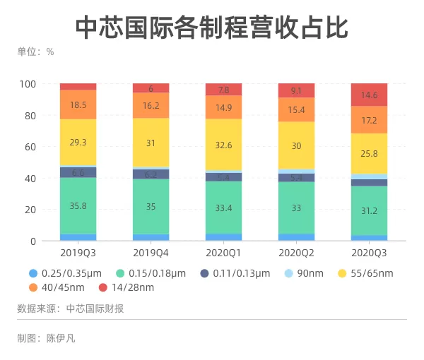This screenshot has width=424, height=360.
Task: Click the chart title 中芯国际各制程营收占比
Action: coord(212,28)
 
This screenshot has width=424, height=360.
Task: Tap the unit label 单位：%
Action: coord(36,52)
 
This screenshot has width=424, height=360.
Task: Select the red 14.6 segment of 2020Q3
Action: coord(369,95)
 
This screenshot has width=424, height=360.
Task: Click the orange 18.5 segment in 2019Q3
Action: coord(78,104)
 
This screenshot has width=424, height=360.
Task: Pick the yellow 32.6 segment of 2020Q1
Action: coord(223,145)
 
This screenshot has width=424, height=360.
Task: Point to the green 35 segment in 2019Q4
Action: coord(151,207)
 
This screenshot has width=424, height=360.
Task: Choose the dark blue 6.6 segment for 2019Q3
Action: coord(78,172)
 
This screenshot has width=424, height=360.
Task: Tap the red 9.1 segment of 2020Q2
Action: coord(296,90)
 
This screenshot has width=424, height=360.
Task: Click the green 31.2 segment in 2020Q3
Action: coord(369,210)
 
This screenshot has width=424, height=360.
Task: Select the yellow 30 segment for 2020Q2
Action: coord(296,145)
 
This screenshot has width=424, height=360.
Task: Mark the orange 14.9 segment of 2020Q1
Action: coord(223,107)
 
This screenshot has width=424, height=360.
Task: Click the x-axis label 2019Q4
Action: coord(151,253)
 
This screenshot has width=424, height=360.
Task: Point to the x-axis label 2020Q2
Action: coord(296,253)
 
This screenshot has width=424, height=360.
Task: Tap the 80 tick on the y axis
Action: coord(30,116)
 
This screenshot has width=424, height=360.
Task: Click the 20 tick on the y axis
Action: coord(30,210)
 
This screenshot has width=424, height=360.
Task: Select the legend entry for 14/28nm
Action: coord(126,287)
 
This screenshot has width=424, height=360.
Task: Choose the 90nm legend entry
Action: coord(304,273)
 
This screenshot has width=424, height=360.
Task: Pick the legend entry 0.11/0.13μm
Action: coord(235,273)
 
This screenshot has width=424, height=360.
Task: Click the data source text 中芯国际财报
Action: coord(95,308)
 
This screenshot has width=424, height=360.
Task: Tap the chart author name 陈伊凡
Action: coord(61,338)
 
